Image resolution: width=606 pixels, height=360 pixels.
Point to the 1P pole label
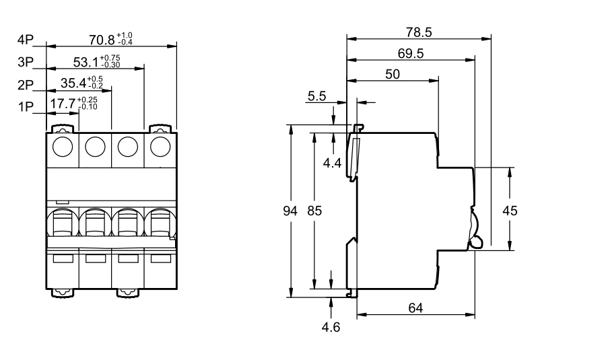(x=26, y=107)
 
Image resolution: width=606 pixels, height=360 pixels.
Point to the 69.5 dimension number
(x=410, y=53)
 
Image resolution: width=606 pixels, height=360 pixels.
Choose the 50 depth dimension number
(x=393, y=75)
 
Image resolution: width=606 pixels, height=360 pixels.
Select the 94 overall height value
(x=290, y=211)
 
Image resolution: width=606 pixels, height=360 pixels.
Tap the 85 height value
(x=314, y=211)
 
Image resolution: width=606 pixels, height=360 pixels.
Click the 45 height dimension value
(x=510, y=211)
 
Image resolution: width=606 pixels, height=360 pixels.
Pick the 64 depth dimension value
(x=416, y=308)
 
